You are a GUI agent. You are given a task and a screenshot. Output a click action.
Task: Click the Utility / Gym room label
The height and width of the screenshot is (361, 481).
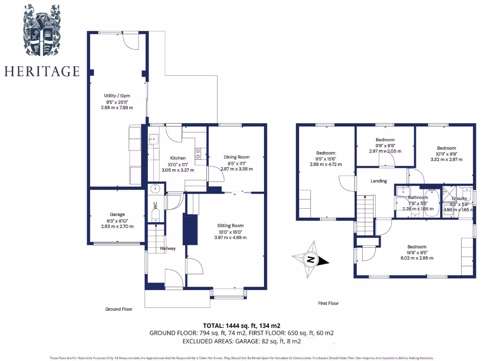pos(117,95)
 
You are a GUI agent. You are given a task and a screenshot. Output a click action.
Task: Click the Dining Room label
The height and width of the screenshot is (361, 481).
pos(236,157)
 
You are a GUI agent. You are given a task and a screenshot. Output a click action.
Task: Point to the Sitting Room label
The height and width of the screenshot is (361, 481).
pos(230,226)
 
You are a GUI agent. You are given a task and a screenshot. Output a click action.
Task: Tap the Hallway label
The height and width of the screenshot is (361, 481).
pos(168,248)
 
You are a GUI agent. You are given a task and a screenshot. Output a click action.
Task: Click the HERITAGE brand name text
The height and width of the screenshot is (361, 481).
pos(42,71)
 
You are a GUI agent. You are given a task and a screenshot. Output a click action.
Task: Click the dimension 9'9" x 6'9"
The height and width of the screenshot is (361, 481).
pos(385,145)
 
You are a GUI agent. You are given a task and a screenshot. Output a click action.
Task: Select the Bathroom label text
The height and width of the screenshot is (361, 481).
pos(418,198)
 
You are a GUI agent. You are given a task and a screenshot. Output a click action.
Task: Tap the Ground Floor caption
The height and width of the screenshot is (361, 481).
pos(118,309)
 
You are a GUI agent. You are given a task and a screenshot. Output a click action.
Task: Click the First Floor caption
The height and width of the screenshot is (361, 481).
pos(328,303)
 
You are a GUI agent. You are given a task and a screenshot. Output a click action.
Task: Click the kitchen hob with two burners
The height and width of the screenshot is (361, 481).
pos(199,154)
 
